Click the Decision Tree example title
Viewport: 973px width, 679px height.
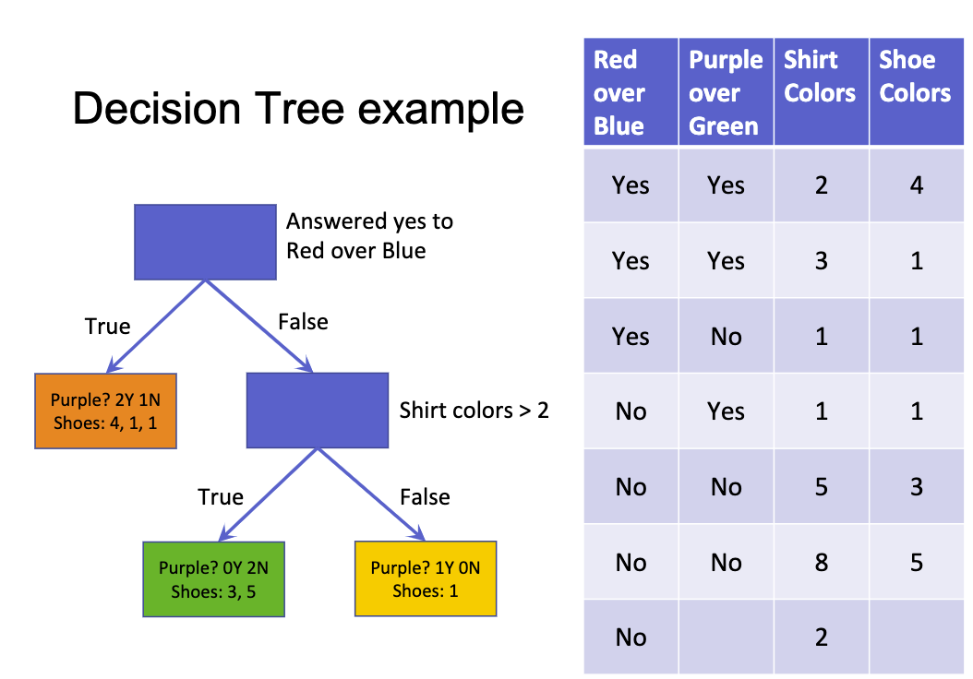(298, 109)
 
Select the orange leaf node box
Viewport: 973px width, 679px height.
(105, 411)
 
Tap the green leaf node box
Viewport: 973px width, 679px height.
(213, 578)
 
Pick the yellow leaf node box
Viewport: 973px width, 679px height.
(426, 578)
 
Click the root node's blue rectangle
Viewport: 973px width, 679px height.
(205, 242)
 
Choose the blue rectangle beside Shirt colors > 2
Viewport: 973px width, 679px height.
(317, 410)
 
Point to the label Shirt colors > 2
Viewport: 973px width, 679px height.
(474, 410)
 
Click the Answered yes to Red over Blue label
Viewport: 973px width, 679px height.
(369, 236)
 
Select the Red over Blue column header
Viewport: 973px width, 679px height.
(631, 92)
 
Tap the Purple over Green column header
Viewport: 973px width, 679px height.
(726, 92)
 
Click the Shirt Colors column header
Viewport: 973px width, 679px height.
(821, 77)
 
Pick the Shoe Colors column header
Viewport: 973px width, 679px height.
(916, 77)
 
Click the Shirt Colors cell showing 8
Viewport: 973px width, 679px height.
(821, 562)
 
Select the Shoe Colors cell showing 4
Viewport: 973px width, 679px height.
(916, 185)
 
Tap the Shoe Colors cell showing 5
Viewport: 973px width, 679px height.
(916, 562)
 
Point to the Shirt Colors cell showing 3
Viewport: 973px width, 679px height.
(821, 261)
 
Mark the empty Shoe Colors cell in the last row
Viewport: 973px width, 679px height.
(916, 637)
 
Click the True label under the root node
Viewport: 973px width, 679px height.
(108, 327)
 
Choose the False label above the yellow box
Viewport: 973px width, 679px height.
(425, 497)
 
